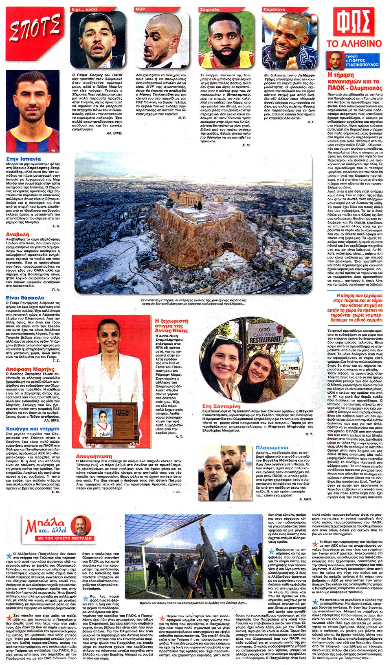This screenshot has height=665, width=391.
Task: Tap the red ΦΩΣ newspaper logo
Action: (354, 22)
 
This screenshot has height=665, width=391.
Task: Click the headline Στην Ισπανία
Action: (24, 159)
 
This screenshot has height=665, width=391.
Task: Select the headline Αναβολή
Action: (18, 234)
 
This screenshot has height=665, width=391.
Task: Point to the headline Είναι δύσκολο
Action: (25, 297)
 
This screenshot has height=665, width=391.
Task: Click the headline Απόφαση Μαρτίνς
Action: (30, 369)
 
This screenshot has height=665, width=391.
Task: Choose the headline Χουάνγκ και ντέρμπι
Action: (33, 429)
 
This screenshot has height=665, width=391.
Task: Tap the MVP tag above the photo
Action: (141, 9)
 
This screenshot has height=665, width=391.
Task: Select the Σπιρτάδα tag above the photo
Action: (210, 9)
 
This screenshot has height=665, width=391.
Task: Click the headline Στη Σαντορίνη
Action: (221, 406)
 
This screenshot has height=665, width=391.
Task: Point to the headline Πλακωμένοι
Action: (272, 448)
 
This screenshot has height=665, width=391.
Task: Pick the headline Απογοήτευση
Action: (94, 456)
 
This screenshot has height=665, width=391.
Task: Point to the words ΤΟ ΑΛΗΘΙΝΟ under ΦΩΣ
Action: (354, 44)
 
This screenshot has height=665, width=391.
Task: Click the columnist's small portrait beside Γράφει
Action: (336, 61)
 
